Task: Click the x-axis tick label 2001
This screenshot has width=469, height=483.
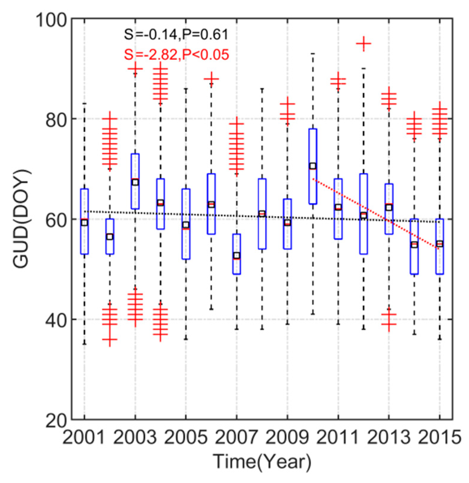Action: (84, 438)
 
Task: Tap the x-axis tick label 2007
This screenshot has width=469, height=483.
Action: (236, 438)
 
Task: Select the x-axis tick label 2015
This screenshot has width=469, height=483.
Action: (440, 438)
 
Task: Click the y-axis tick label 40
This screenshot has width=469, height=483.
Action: (57, 320)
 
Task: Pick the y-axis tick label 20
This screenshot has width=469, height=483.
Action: (57, 420)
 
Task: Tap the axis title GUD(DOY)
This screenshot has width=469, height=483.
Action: (21, 219)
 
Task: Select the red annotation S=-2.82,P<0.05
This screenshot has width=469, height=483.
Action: (176, 55)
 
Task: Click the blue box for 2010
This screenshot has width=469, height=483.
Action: (313, 166)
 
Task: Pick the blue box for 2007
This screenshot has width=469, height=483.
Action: (237, 254)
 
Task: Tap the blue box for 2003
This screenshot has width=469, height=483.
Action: (135, 181)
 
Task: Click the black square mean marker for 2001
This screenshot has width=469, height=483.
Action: (84, 222)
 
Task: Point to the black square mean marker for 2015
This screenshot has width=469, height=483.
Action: (440, 244)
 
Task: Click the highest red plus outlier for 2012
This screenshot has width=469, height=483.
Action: (363, 44)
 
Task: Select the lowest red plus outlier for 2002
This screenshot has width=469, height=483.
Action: (110, 339)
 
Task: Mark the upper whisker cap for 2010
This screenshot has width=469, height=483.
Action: (313, 54)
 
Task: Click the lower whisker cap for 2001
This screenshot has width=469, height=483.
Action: (84, 344)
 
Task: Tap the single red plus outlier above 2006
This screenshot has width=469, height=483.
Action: (211, 79)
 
